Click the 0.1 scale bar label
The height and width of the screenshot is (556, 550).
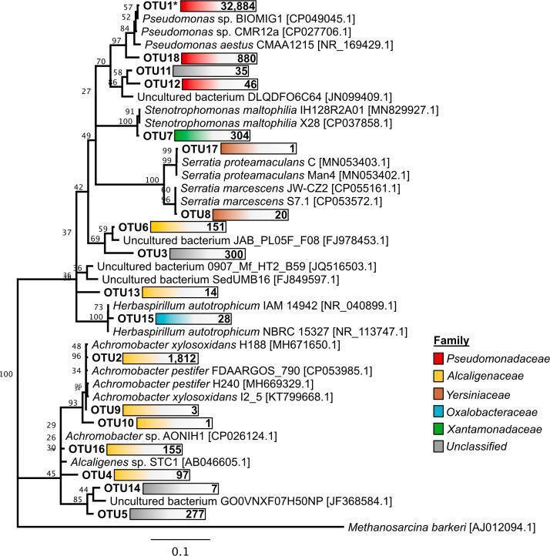click(x=179, y=550)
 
